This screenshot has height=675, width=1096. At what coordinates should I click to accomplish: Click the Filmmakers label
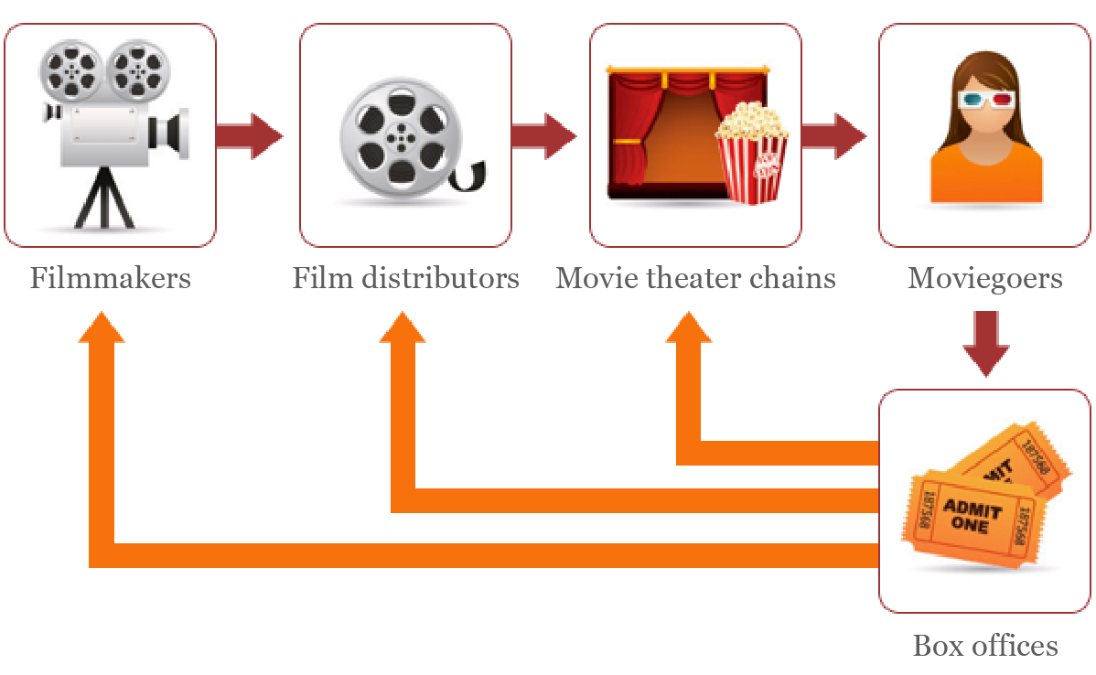[x=111, y=277]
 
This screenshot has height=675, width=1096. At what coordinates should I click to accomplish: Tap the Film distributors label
[x=405, y=277]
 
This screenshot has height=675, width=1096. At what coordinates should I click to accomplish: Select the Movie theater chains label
[x=695, y=277]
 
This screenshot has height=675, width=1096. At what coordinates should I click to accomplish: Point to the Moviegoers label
[x=984, y=277]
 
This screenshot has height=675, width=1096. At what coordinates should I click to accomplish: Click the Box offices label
[x=984, y=646]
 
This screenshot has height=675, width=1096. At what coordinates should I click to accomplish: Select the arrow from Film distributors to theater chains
[x=543, y=135]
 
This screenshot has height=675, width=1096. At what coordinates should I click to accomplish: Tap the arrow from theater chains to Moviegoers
[x=833, y=135]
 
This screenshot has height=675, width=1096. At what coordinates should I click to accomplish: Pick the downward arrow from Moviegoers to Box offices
[x=985, y=344]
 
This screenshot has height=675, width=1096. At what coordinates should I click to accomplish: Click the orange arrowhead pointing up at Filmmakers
[x=102, y=329]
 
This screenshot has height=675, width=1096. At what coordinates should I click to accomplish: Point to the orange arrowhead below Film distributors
[x=403, y=329]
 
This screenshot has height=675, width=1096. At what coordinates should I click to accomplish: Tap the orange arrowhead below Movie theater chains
[x=689, y=329]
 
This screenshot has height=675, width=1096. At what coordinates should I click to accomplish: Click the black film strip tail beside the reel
[x=471, y=176]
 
